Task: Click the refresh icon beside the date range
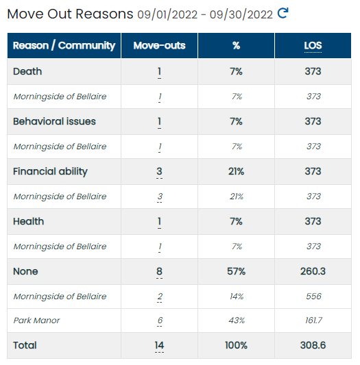pos(283,13)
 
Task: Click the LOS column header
pos(313,45)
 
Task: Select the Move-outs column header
pos(159,45)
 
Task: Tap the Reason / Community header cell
pos(64,45)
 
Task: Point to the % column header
pos(236,45)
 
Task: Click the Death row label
pos(27,71)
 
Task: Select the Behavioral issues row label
pos(54,121)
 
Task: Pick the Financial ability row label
pos(50,172)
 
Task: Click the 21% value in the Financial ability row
pos(236,171)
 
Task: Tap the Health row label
pos(28,221)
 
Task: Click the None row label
pos(25,271)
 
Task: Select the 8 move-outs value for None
pos(159,271)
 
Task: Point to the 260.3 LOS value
pos(313,271)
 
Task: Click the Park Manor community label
pos(36,320)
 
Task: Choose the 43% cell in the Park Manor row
pos(237,320)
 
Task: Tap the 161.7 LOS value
pos(313,320)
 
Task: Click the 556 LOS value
pos(313,296)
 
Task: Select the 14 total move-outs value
pos(159,345)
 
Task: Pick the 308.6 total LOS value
pos(313,345)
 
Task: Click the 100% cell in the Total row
pos(236,345)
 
